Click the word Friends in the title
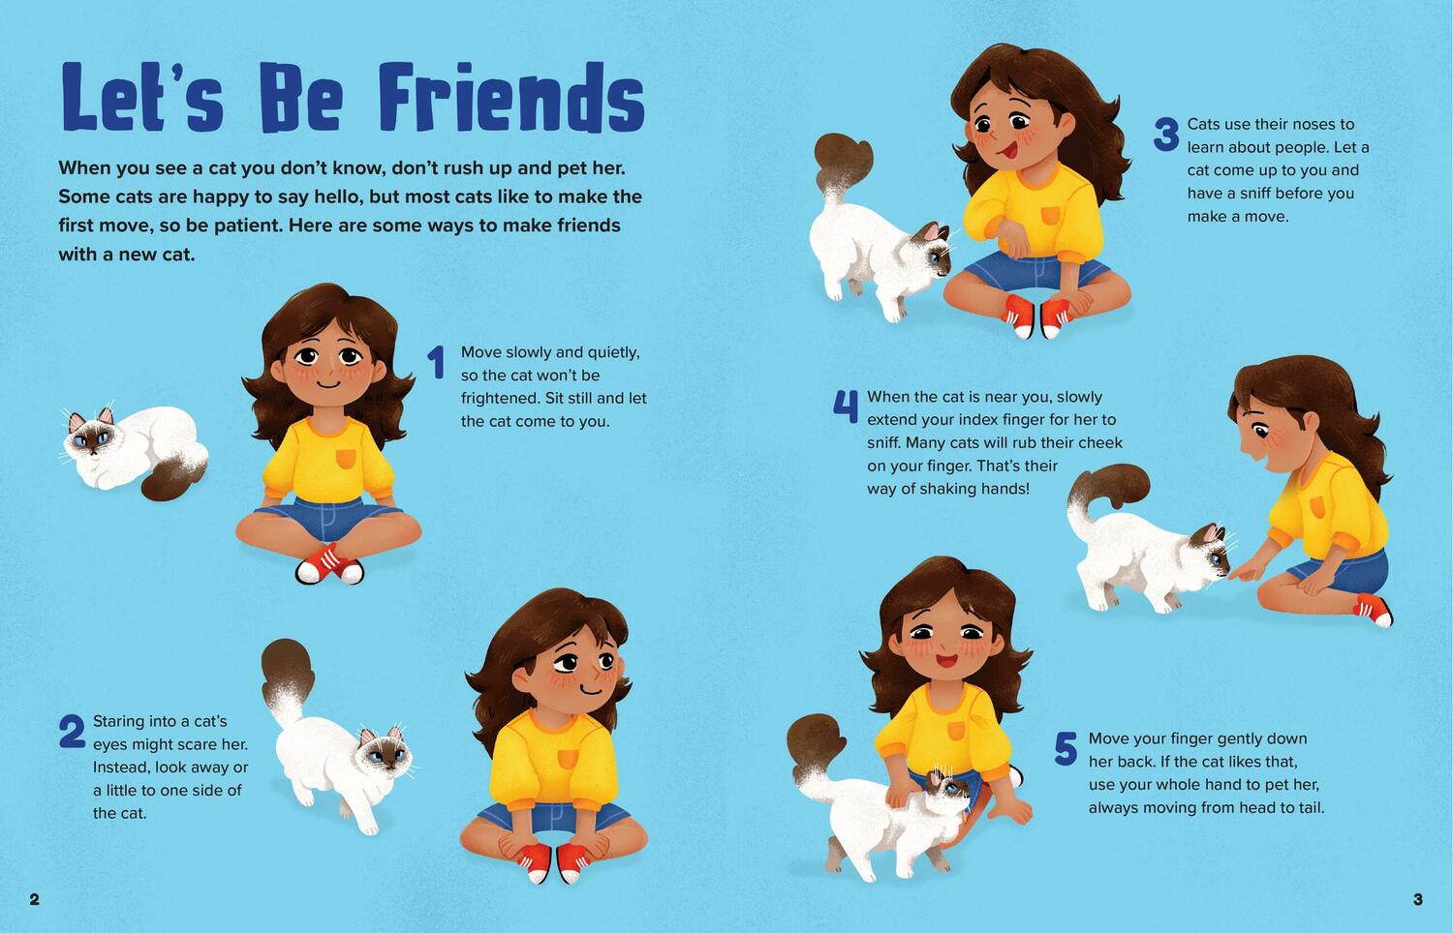(511, 97)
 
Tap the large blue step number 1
(437, 362)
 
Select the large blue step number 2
(72, 732)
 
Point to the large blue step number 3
(1166, 135)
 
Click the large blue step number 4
(846, 406)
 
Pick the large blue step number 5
(1066, 748)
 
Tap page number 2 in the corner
(34, 899)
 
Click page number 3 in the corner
(1418, 899)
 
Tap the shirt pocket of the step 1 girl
(345, 458)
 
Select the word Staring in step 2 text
(119, 722)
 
